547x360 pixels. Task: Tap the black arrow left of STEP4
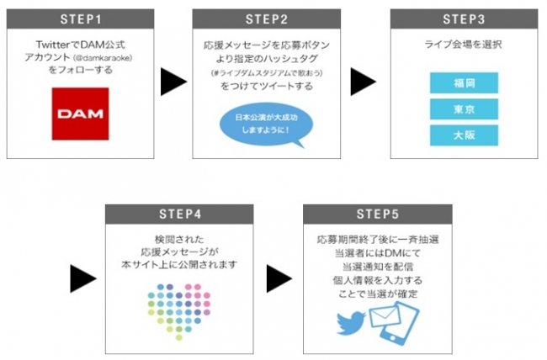[82, 278]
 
